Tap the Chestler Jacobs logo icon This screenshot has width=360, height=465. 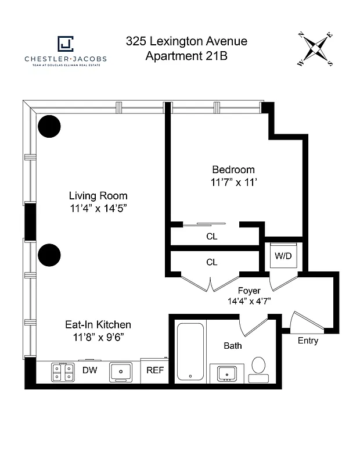pos(65,44)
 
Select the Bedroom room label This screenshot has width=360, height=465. pos(233,170)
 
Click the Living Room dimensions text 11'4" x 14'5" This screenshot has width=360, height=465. pos(98,208)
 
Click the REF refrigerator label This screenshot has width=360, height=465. pos(154,370)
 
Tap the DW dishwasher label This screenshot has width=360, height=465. pos(89,370)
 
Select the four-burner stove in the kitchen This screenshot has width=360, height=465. pos(63,371)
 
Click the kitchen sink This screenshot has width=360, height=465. pos(120,372)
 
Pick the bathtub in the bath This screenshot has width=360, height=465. pos(190,351)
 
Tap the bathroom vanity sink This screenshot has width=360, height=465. pos(226,373)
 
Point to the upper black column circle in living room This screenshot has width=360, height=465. pos(49,127)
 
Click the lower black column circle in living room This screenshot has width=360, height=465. pos(49,254)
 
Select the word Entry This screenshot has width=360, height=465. pos(308,341)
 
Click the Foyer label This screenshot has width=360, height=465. pos(249,291)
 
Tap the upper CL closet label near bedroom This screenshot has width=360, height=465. pos(211,237)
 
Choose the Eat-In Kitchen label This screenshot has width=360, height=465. pos(98,325)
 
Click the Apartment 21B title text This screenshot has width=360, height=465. pos(186,56)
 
